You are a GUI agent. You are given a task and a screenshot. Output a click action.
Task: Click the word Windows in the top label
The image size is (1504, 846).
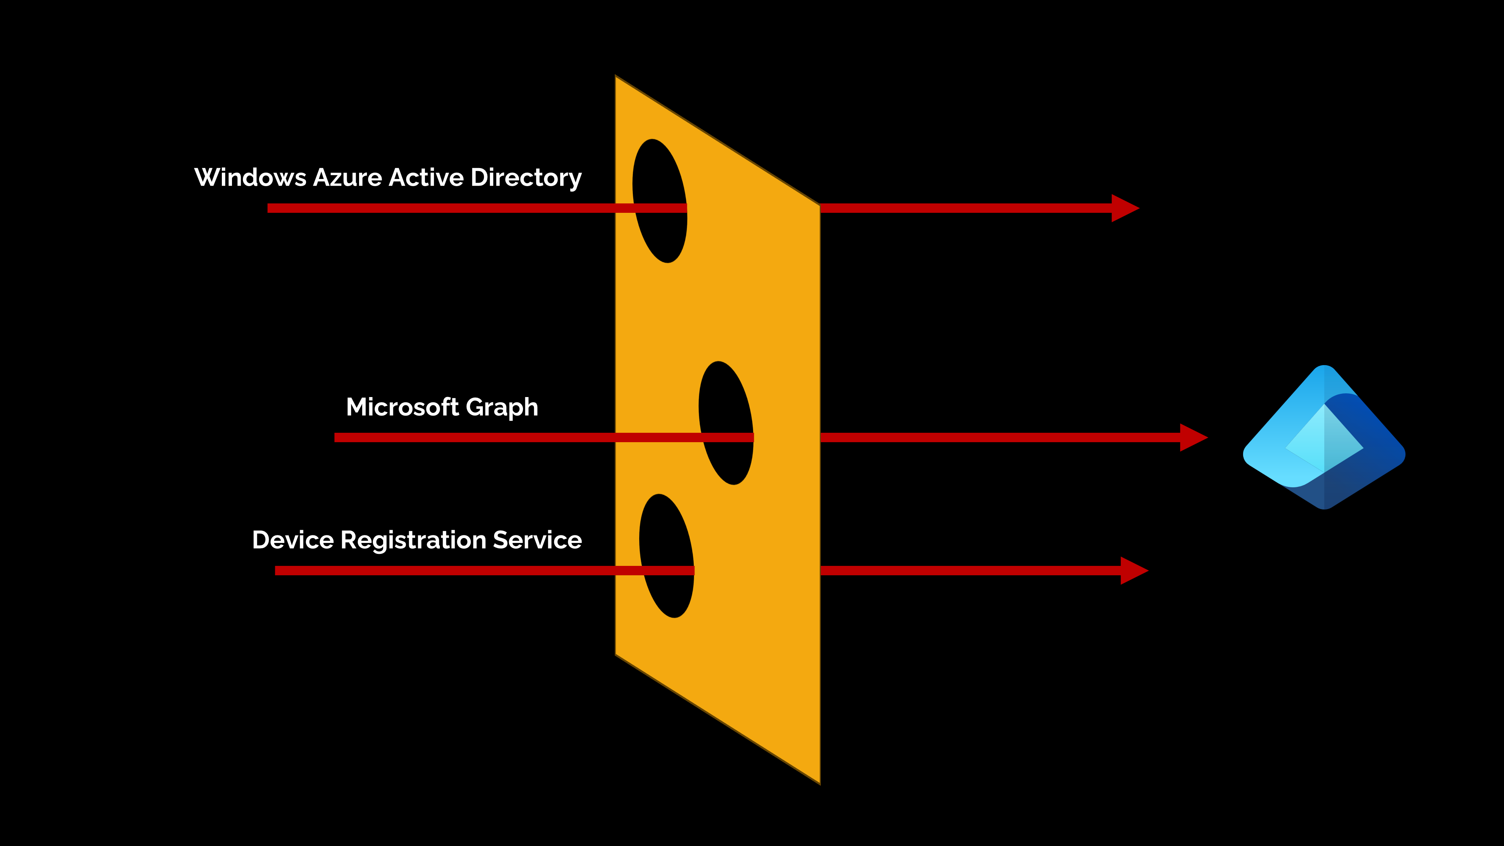click(250, 177)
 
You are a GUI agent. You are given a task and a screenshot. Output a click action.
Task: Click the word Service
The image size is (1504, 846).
click(537, 540)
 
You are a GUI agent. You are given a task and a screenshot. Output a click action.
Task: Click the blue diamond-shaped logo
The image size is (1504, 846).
click(1324, 438)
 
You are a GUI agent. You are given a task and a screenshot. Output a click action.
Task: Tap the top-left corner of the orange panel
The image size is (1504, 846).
click(617, 77)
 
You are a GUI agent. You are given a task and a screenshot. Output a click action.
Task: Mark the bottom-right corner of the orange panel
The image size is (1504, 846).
click(819, 782)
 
